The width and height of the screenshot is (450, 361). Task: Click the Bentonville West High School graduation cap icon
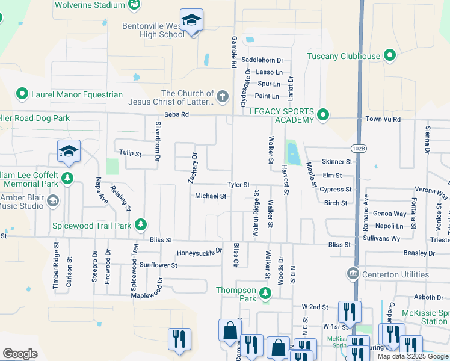click(x=191, y=22)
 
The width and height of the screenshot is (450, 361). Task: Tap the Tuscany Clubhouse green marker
click(x=389, y=57)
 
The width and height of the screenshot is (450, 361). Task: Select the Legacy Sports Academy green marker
click(x=323, y=114)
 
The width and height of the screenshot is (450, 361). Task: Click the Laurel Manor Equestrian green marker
click(x=22, y=94)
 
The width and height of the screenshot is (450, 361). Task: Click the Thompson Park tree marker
click(x=265, y=293)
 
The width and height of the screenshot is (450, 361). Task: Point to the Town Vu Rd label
click(x=383, y=119)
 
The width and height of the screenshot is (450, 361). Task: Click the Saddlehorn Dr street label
click(x=262, y=60)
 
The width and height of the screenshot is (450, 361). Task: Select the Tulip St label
click(x=129, y=154)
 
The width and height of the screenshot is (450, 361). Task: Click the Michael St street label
click(x=211, y=196)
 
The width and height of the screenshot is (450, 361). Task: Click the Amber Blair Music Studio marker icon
click(x=52, y=200)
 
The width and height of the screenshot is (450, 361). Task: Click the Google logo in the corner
click(x=20, y=354)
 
